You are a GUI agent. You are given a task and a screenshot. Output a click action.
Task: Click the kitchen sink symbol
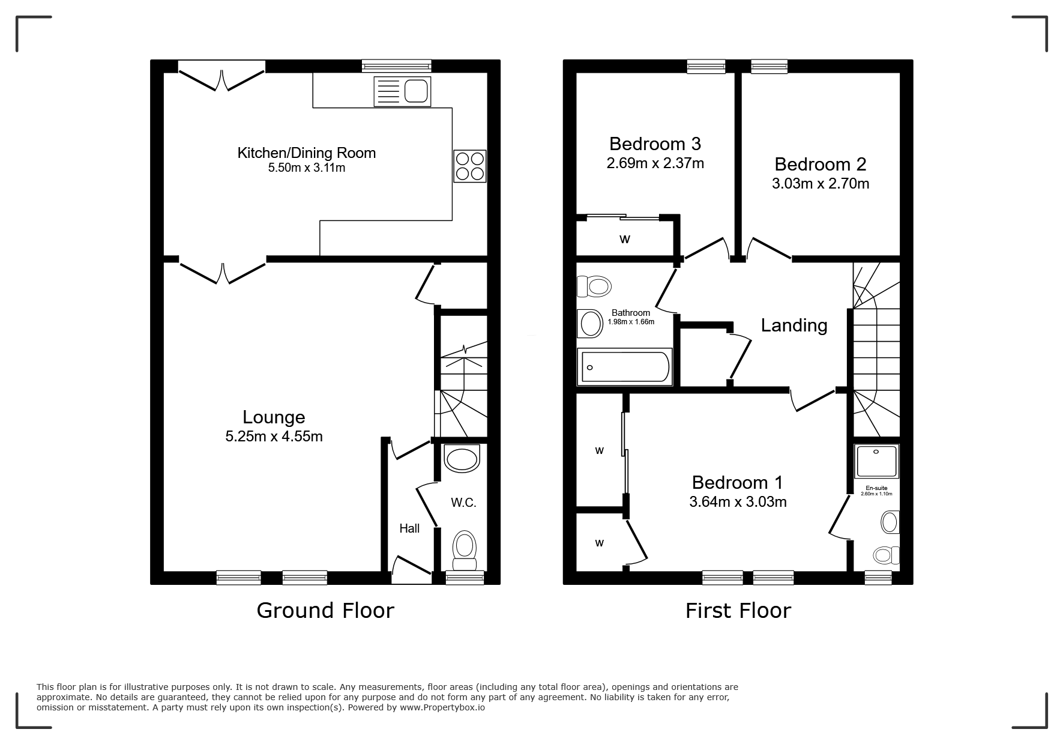[x=402, y=91]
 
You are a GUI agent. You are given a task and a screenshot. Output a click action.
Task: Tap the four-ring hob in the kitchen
[x=469, y=166]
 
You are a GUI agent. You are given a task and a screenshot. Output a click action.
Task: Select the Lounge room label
[x=274, y=417]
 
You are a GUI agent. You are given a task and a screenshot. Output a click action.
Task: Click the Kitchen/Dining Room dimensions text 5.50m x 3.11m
[x=307, y=168]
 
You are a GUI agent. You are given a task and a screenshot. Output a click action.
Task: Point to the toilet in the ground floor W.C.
[x=464, y=550]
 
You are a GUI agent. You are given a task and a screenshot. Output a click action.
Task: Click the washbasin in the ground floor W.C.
[x=462, y=458]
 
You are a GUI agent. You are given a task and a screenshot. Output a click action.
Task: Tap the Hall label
[x=409, y=528]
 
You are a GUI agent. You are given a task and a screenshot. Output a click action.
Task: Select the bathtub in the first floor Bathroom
[x=624, y=367]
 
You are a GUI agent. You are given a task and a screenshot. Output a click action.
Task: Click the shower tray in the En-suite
[x=877, y=462]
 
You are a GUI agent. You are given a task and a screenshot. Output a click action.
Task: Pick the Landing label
[x=794, y=325]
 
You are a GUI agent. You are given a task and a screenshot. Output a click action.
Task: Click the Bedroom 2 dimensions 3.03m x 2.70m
[x=821, y=184]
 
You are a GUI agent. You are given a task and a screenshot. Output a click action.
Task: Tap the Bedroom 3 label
[x=655, y=144]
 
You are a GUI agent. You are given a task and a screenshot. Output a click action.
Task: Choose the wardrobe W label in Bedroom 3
[x=625, y=240]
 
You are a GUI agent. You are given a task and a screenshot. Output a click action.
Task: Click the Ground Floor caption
[x=325, y=610]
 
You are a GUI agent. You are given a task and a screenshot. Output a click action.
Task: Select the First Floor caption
[x=738, y=611]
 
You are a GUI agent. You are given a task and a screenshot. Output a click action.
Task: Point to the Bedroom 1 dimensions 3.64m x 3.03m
[x=738, y=502]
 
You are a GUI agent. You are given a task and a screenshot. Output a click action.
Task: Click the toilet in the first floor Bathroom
[x=593, y=286]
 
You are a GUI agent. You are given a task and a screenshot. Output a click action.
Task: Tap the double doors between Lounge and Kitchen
[x=223, y=271]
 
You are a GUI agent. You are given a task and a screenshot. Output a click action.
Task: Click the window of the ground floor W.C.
[x=465, y=577]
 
